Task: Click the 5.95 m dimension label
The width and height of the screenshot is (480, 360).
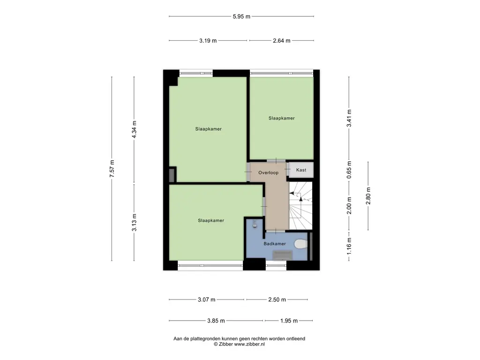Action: [241, 16]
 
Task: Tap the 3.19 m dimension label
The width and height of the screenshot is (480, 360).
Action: [208, 41]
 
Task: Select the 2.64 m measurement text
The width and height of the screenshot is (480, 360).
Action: [282, 41]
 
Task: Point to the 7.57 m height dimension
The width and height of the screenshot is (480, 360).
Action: [112, 168]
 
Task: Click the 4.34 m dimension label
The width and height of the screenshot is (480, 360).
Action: [134, 129]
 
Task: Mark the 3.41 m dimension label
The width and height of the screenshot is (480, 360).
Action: [349, 118]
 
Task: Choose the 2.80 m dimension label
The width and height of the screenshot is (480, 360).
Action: [368, 196]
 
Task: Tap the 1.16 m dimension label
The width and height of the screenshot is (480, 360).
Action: [349, 246]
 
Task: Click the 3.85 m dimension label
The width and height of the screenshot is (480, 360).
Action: [216, 321]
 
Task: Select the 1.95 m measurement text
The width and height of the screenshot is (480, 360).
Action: [289, 321]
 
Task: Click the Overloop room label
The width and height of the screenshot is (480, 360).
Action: [269, 172]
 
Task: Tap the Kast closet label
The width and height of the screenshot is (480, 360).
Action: [301, 170]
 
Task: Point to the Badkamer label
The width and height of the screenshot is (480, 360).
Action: [275, 244]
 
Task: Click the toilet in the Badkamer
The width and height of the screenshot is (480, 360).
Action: [301, 244]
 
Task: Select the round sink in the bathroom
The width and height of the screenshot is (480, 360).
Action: [255, 225]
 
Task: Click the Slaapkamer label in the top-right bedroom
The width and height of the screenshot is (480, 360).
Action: [282, 118]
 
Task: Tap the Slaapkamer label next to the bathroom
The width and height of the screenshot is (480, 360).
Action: [211, 220]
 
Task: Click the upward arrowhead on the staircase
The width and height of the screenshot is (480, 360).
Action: [301, 199]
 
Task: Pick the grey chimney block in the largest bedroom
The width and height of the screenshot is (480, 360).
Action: [172, 175]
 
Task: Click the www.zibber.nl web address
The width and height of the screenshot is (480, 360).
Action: [249, 344]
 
